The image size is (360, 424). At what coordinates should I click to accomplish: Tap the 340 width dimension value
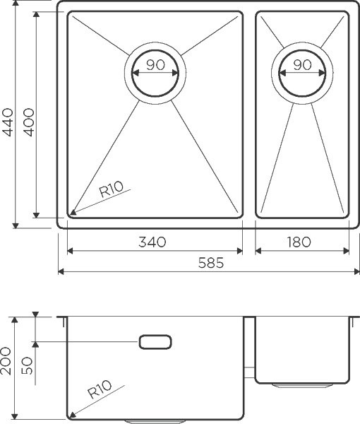click(152, 242)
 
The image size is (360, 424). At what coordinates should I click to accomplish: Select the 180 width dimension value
click(300, 242)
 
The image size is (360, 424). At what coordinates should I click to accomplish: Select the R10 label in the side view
click(100, 390)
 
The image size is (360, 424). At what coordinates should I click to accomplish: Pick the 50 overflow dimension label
click(28, 365)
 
